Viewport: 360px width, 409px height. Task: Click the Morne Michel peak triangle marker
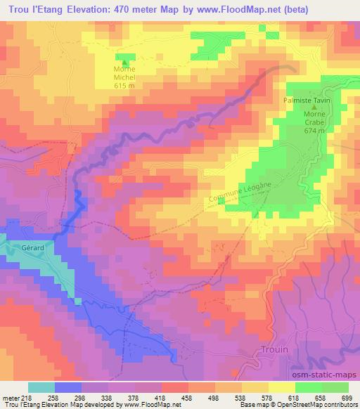(x=125, y=61)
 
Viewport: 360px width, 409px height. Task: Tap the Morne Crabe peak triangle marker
(x=313, y=108)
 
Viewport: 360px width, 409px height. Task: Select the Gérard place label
(x=32, y=247)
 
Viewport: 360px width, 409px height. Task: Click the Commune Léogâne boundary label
(x=240, y=191)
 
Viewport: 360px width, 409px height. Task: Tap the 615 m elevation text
(x=124, y=84)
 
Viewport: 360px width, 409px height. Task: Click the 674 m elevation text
(x=314, y=131)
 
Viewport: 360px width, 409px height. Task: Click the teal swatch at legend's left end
(x=41, y=387)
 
